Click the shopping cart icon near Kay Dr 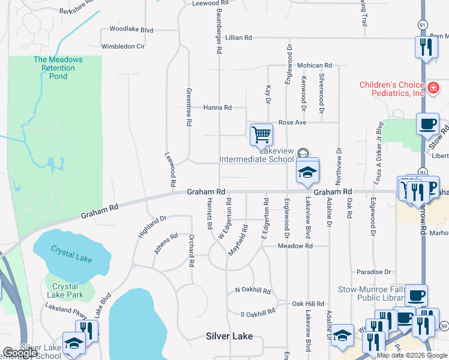pos(261,134)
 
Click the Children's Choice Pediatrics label pos(392,89)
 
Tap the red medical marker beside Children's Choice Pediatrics pos(433,89)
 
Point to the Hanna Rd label pos(217,107)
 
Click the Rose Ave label pos(292,122)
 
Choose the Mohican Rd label pos(314,65)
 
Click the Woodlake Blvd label pos(131,29)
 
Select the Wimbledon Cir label pos(124,46)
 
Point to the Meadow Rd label pos(295,246)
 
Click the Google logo pos(19,353)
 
